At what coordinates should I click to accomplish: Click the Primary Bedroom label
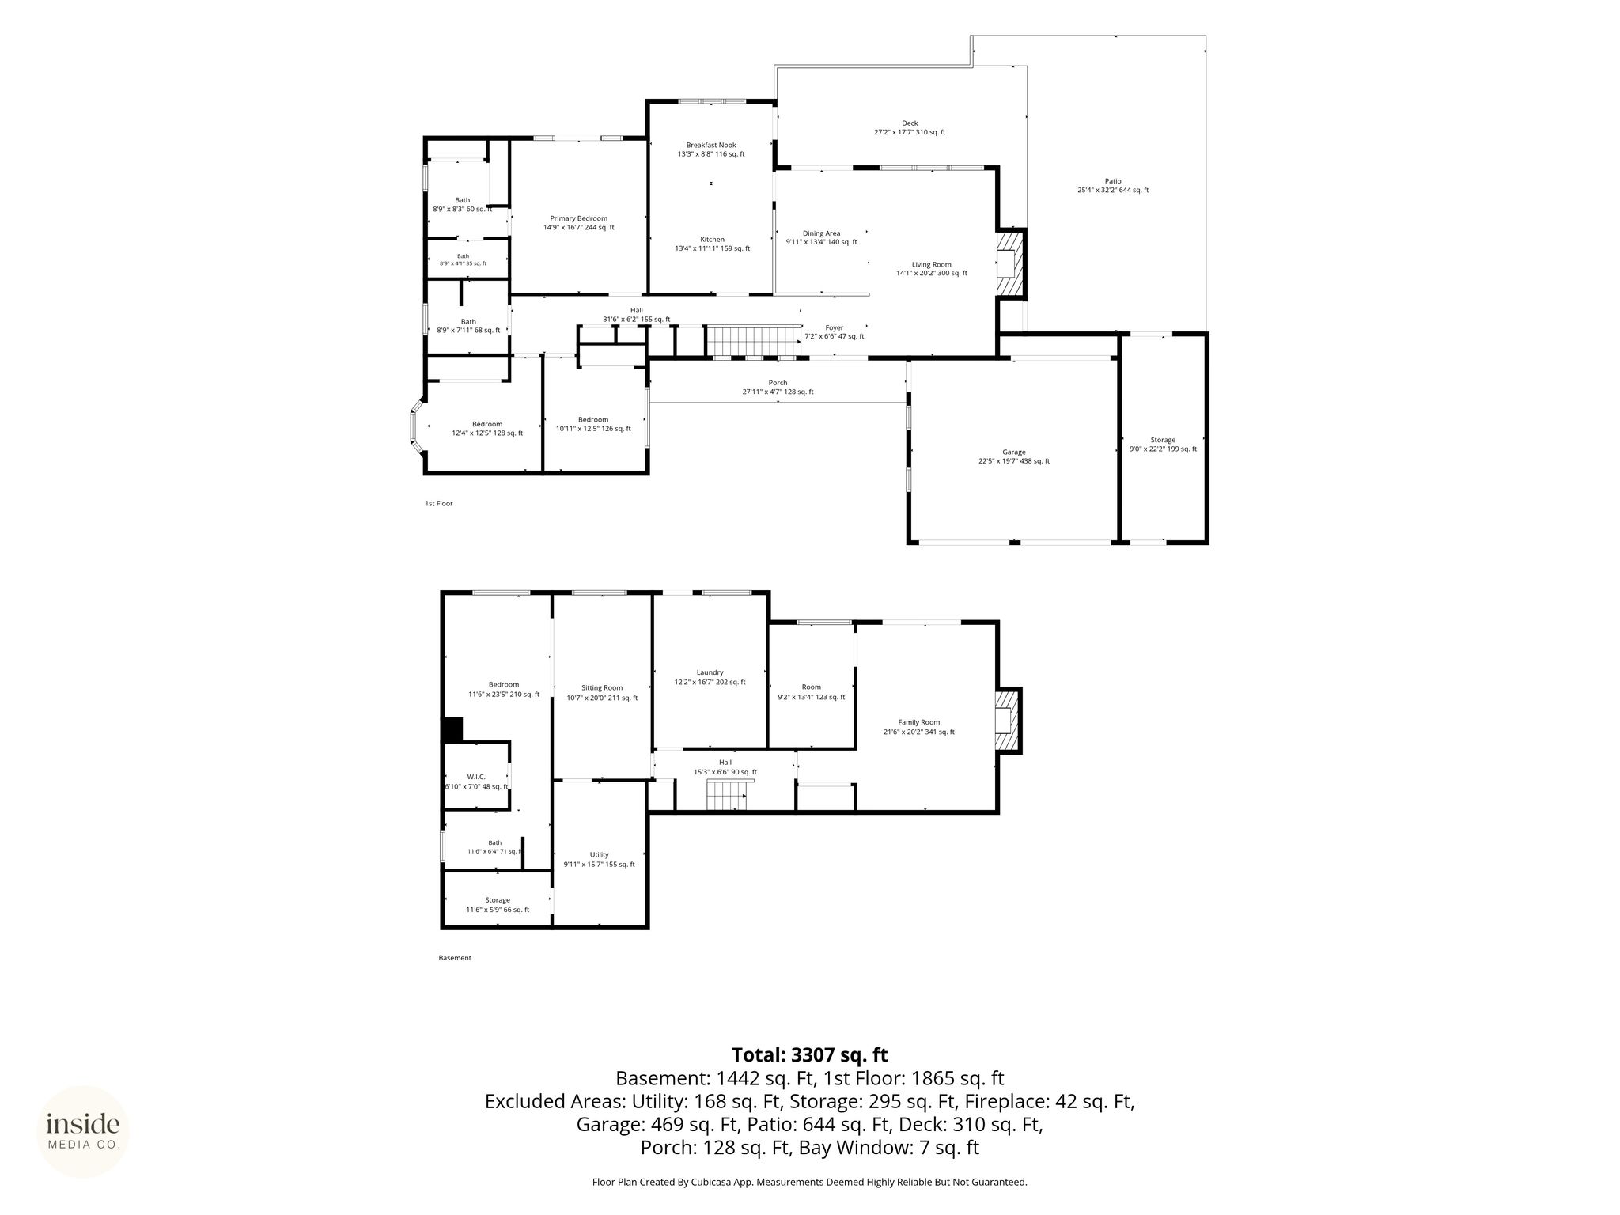pyautogui.click(x=578, y=218)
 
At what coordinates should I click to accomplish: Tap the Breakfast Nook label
pyautogui.click(x=711, y=145)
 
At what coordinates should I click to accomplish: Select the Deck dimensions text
pyautogui.click(x=910, y=132)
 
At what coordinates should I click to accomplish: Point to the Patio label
pyautogui.click(x=1113, y=181)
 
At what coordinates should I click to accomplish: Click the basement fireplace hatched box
pyautogui.click(x=1008, y=721)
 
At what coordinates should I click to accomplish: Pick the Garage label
pyautogui.click(x=1013, y=452)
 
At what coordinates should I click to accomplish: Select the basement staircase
pyautogui.click(x=727, y=795)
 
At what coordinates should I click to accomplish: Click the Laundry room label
pyautogui.click(x=710, y=672)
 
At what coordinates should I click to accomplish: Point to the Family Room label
pyautogui.click(x=918, y=722)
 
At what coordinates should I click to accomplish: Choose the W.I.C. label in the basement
pyautogui.click(x=476, y=777)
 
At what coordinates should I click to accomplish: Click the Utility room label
pyautogui.click(x=599, y=854)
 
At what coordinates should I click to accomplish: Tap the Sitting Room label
pyautogui.click(x=602, y=688)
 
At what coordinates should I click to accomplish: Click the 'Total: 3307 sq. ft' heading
pyautogui.click(x=809, y=1055)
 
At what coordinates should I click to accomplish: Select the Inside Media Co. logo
pyautogui.click(x=83, y=1132)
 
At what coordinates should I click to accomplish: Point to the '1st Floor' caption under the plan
pyautogui.click(x=439, y=503)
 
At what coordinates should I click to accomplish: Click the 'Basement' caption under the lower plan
pyautogui.click(x=455, y=958)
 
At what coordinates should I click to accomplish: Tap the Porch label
pyautogui.click(x=778, y=383)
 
